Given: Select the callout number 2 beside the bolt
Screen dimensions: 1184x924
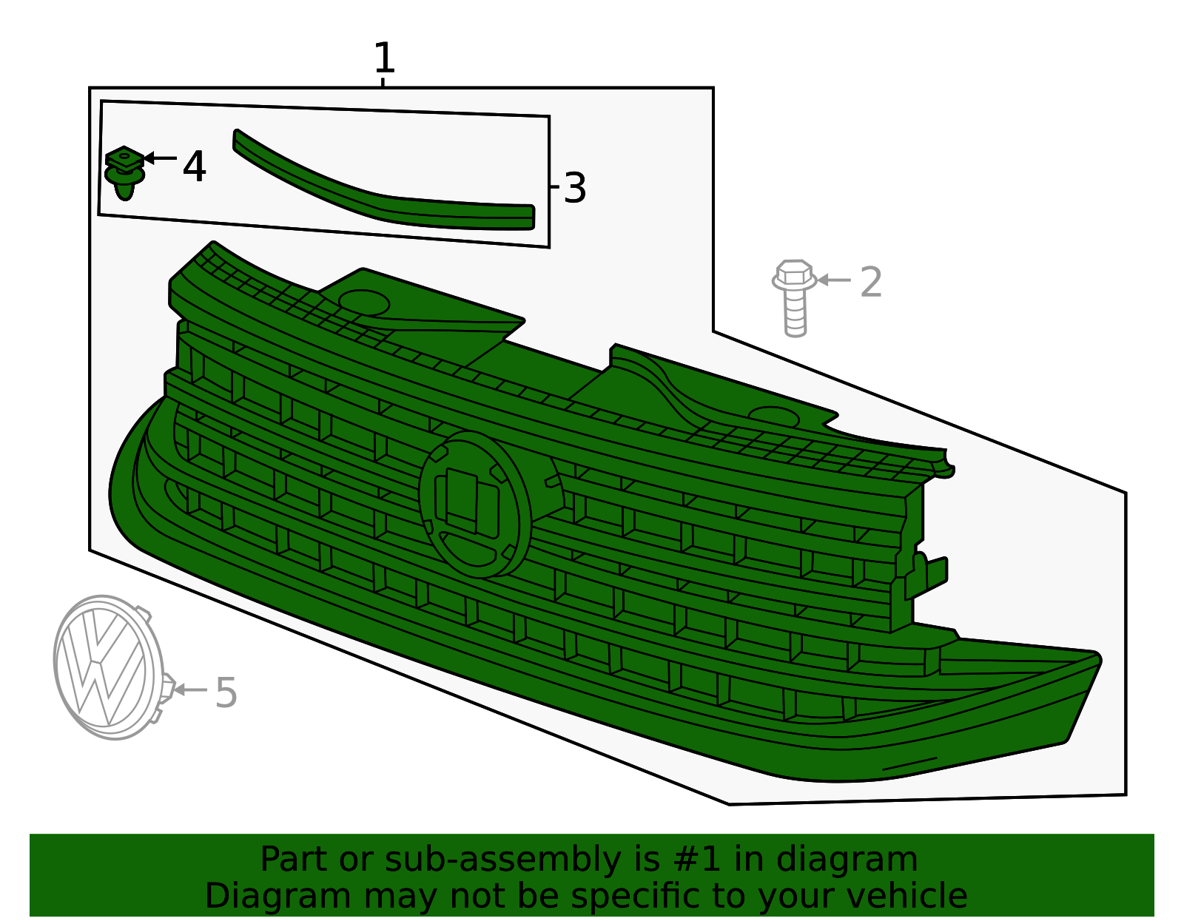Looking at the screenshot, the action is [871, 282].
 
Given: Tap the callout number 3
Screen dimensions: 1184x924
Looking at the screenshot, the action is [575, 188].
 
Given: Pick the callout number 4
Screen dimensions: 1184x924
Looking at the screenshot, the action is [195, 166].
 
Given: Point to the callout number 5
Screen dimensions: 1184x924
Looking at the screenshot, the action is [226, 692].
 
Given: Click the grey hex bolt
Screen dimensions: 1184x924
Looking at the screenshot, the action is [795, 298].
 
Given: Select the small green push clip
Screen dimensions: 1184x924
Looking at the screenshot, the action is [125, 172].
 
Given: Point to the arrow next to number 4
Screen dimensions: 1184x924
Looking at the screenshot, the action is [160, 158].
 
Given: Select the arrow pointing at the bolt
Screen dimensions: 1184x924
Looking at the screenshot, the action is [834, 280].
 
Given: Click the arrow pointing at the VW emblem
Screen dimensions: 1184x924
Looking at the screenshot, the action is [191, 690].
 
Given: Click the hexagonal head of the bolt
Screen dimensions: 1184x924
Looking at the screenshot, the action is [795, 272].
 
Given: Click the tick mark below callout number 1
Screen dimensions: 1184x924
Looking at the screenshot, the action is [383, 82].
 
